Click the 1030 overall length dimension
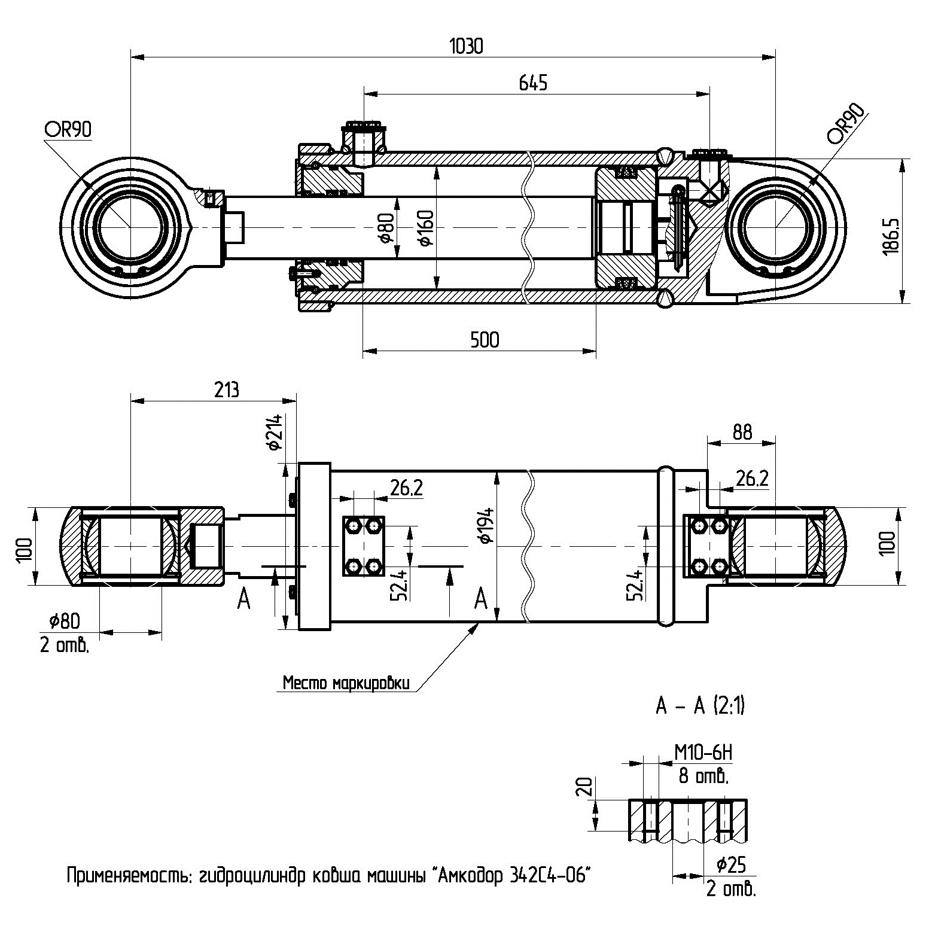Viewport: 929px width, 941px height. coord(465,47)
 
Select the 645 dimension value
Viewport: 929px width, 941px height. coord(532,83)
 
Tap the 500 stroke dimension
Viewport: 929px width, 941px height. coord(485,340)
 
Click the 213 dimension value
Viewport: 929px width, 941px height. coord(226,389)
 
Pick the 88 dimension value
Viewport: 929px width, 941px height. coord(742,432)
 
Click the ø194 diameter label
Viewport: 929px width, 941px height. coord(486,525)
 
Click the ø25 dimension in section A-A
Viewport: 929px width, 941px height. coord(730,864)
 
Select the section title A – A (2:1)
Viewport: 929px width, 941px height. coord(700,707)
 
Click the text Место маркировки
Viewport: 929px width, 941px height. coord(346,683)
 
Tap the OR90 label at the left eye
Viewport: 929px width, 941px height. coord(68,130)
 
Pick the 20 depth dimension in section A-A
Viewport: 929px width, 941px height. coord(586,785)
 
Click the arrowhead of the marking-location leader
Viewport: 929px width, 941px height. coord(477,626)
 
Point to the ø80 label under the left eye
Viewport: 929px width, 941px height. coord(64,621)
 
